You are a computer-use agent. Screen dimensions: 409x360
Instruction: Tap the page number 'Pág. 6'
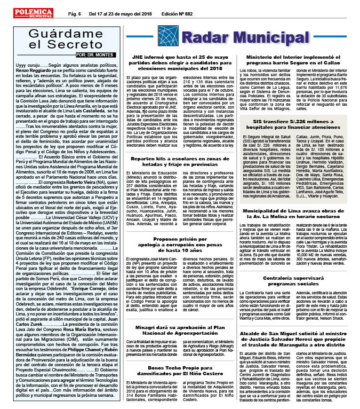click(76, 14)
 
